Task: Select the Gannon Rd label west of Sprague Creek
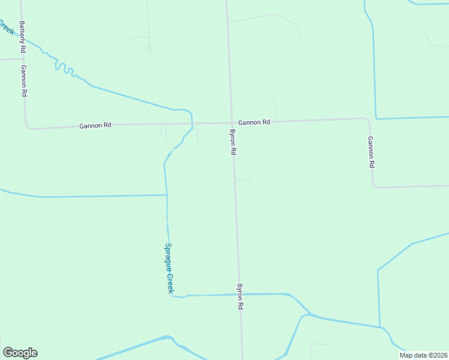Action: (x=95, y=125)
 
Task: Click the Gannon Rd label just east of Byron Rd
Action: (x=254, y=122)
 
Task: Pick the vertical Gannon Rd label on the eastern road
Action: (x=372, y=152)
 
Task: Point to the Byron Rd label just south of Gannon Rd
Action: (x=232, y=142)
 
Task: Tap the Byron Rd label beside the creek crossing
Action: (x=240, y=297)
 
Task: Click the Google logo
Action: (x=20, y=353)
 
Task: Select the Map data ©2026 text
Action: (x=423, y=355)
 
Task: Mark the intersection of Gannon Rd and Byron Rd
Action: (x=231, y=123)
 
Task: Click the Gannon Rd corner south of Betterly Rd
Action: (x=27, y=127)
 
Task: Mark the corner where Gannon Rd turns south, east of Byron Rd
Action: (x=367, y=119)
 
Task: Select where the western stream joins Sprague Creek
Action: (x=166, y=194)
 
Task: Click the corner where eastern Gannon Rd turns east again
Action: (x=375, y=186)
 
